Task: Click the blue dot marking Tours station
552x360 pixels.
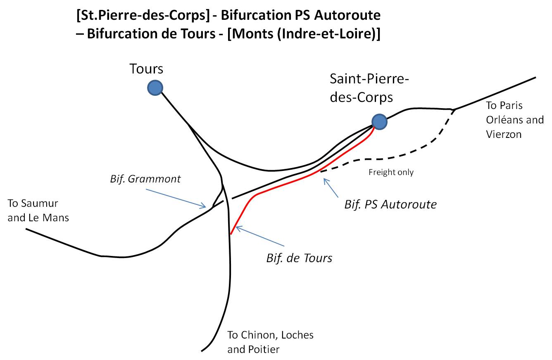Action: (155, 88)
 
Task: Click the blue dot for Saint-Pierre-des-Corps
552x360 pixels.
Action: (379, 122)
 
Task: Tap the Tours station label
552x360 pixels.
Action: (146, 69)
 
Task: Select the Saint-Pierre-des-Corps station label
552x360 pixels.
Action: (369, 88)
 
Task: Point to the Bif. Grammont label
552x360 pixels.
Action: (145, 179)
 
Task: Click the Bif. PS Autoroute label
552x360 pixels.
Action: (390, 205)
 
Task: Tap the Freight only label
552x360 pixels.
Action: (391, 172)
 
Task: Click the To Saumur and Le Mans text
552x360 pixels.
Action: (38, 211)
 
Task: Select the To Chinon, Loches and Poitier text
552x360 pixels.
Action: (270, 342)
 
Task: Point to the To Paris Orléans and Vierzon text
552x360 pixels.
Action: (515, 120)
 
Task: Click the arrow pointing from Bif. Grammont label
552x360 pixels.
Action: (176, 199)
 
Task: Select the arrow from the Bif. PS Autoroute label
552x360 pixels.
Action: (331, 187)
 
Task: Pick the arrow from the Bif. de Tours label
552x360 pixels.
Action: (260, 236)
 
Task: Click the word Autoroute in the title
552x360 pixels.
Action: (347, 15)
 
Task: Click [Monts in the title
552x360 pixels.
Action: (250, 34)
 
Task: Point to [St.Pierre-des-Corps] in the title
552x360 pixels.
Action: (143, 16)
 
